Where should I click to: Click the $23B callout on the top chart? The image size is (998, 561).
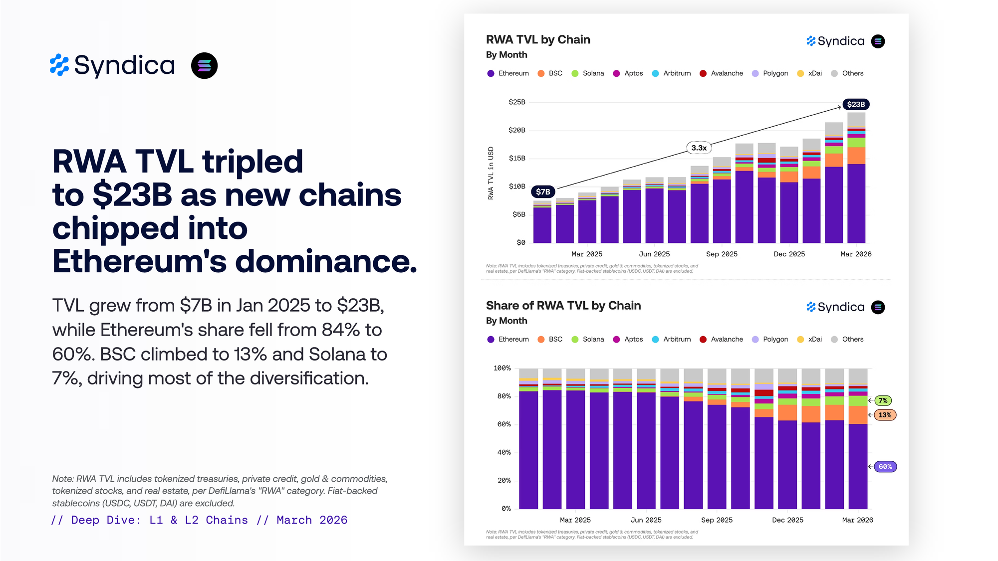point(856,104)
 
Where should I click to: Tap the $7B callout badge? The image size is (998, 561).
point(543,191)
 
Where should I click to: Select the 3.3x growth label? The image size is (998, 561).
point(699,148)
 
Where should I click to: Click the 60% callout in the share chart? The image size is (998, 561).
point(885,467)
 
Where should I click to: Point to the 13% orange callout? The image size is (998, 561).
point(885,415)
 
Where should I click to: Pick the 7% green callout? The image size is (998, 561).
point(883,400)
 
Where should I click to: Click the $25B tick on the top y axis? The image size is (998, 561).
point(516,102)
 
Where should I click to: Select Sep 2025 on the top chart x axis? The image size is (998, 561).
point(722,254)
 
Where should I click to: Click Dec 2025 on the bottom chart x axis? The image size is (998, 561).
point(787,520)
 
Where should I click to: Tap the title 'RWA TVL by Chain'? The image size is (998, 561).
point(538,40)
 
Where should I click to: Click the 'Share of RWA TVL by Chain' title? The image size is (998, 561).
point(563,306)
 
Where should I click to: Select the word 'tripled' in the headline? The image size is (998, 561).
point(252,162)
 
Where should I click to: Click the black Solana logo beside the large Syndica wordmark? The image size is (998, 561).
point(204,66)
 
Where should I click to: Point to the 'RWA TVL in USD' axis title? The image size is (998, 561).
point(491,173)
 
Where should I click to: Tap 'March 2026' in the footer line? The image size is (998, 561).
point(312,520)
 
